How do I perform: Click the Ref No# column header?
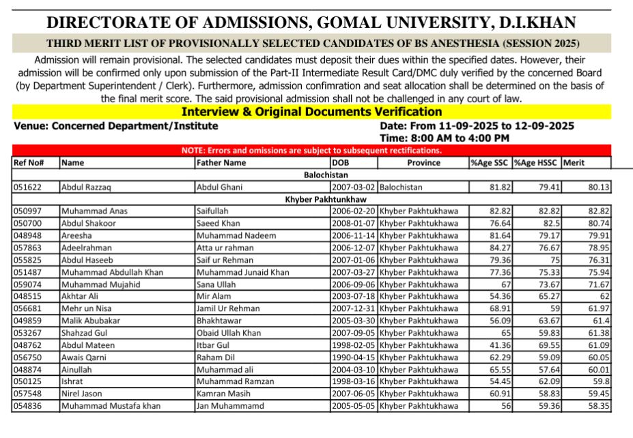tap(29, 163)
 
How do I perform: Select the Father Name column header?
tap(221, 163)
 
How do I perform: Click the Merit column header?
tap(574, 163)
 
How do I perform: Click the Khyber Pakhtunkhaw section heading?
tap(311, 199)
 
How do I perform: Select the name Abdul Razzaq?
tap(85, 186)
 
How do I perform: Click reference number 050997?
tap(28, 211)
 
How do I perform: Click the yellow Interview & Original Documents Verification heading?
tap(311, 112)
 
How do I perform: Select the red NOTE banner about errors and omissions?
tap(311, 150)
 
